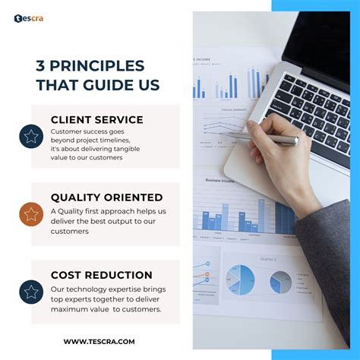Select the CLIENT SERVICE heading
(x=96, y=119)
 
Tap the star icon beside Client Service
(x=31, y=137)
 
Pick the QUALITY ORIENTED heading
(x=106, y=197)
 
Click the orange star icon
(x=31, y=214)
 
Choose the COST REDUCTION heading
(x=101, y=275)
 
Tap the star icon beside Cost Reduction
(x=31, y=292)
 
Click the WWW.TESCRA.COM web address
(x=99, y=341)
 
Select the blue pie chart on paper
(x=241, y=279)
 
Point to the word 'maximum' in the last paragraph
(x=74, y=309)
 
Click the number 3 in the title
(x=40, y=65)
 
